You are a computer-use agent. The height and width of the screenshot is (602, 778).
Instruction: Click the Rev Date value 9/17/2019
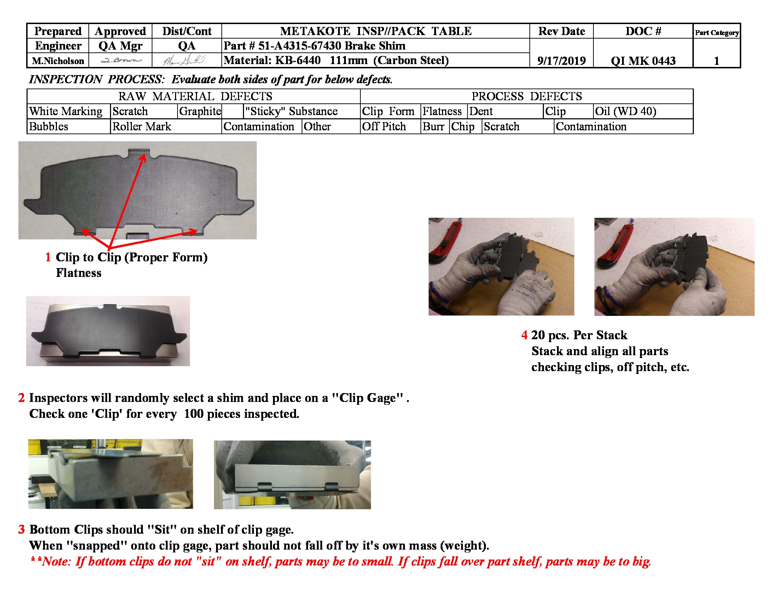pyautogui.click(x=561, y=61)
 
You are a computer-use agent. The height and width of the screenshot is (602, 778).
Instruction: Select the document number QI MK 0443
pyautogui.click(x=643, y=61)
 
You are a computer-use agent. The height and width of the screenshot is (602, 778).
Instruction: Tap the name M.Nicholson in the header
pyautogui.click(x=58, y=61)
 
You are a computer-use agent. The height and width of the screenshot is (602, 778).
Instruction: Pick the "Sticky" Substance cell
pyautogui.click(x=291, y=111)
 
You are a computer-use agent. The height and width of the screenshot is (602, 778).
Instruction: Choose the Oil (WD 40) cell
pyautogui.click(x=626, y=111)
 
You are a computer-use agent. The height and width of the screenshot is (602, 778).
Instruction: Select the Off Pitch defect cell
pyautogui.click(x=384, y=127)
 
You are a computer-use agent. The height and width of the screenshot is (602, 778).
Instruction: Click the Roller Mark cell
pyautogui.click(x=142, y=127)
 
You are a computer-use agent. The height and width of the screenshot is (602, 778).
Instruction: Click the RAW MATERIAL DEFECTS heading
pyautogui.click(x=195, y=96)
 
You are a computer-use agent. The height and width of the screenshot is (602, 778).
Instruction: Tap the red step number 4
pyautogui.click(x=524, y=335)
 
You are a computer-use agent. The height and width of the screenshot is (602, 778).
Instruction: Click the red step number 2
pyautogui.click(x=21, y=398)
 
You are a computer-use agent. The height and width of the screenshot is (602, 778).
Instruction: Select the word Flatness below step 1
pyautogui.click(x=79, y=273)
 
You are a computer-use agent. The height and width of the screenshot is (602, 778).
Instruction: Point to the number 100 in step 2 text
pyautogui.click(x=193, y=414)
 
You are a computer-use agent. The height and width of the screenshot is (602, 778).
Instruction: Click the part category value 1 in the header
pyautogui.click(x=716, y=61)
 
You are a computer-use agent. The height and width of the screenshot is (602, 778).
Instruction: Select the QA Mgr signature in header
pyautogui.click(x=120, y=61)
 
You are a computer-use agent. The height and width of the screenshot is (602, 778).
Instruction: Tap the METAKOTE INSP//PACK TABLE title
pyautogui.click(x=376, y=32)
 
